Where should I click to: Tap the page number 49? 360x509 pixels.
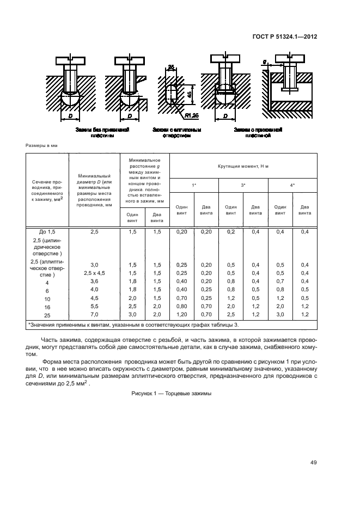313,463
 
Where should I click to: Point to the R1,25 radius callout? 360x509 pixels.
191,116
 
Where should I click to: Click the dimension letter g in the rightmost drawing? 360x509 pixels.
264,63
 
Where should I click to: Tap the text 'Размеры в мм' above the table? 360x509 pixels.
41,146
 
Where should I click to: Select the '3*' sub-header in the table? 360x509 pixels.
243,186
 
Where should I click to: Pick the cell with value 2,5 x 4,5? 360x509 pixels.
94,273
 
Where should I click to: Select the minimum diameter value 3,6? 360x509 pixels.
94,281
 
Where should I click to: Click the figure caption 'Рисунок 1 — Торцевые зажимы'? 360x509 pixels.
171,394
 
